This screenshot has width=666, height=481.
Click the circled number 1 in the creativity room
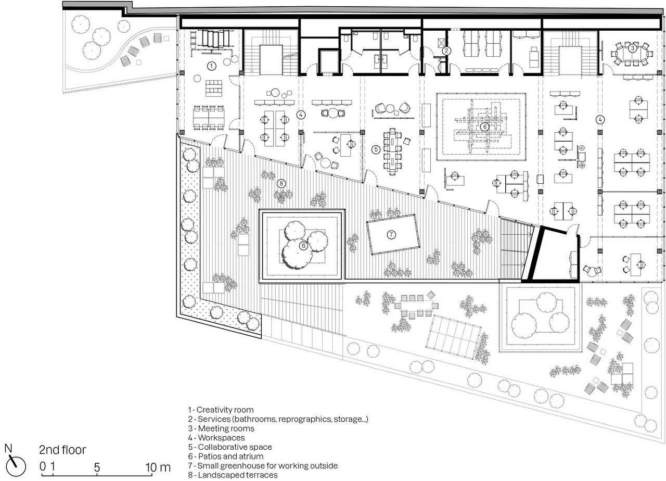[211, 66]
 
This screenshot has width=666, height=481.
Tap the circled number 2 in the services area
[446, 51]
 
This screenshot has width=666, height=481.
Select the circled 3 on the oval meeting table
[632, 47]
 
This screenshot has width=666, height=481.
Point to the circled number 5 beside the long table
[376, 149]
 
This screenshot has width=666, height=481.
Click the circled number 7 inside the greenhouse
[391, 235]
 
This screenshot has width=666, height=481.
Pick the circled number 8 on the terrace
[281, 184]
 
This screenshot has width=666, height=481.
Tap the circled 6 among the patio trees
[303, 246]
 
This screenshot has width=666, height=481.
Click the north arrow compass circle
[16, 467]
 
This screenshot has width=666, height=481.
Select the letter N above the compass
[8, 448]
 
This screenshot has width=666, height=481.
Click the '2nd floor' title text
[62, 450]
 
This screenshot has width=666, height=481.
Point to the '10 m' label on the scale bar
[158, 467]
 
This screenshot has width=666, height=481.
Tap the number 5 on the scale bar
[97, 467]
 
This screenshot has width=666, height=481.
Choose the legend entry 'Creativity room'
[221, 410]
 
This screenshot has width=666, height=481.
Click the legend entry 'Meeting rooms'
[221, 428]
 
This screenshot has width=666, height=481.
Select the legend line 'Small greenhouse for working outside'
[263, 465]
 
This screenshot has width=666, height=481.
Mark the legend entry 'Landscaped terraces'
[233, 475]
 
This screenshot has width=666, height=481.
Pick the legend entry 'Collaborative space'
[230, 447]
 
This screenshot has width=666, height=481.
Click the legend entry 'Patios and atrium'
[226, 456]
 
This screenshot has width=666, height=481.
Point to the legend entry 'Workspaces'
[216, 438]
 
